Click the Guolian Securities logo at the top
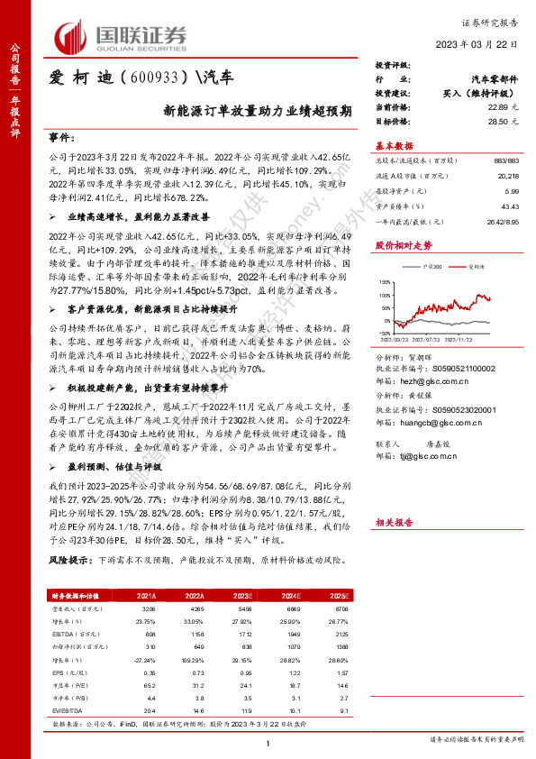point(124,36)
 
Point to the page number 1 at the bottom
point(268,742)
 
